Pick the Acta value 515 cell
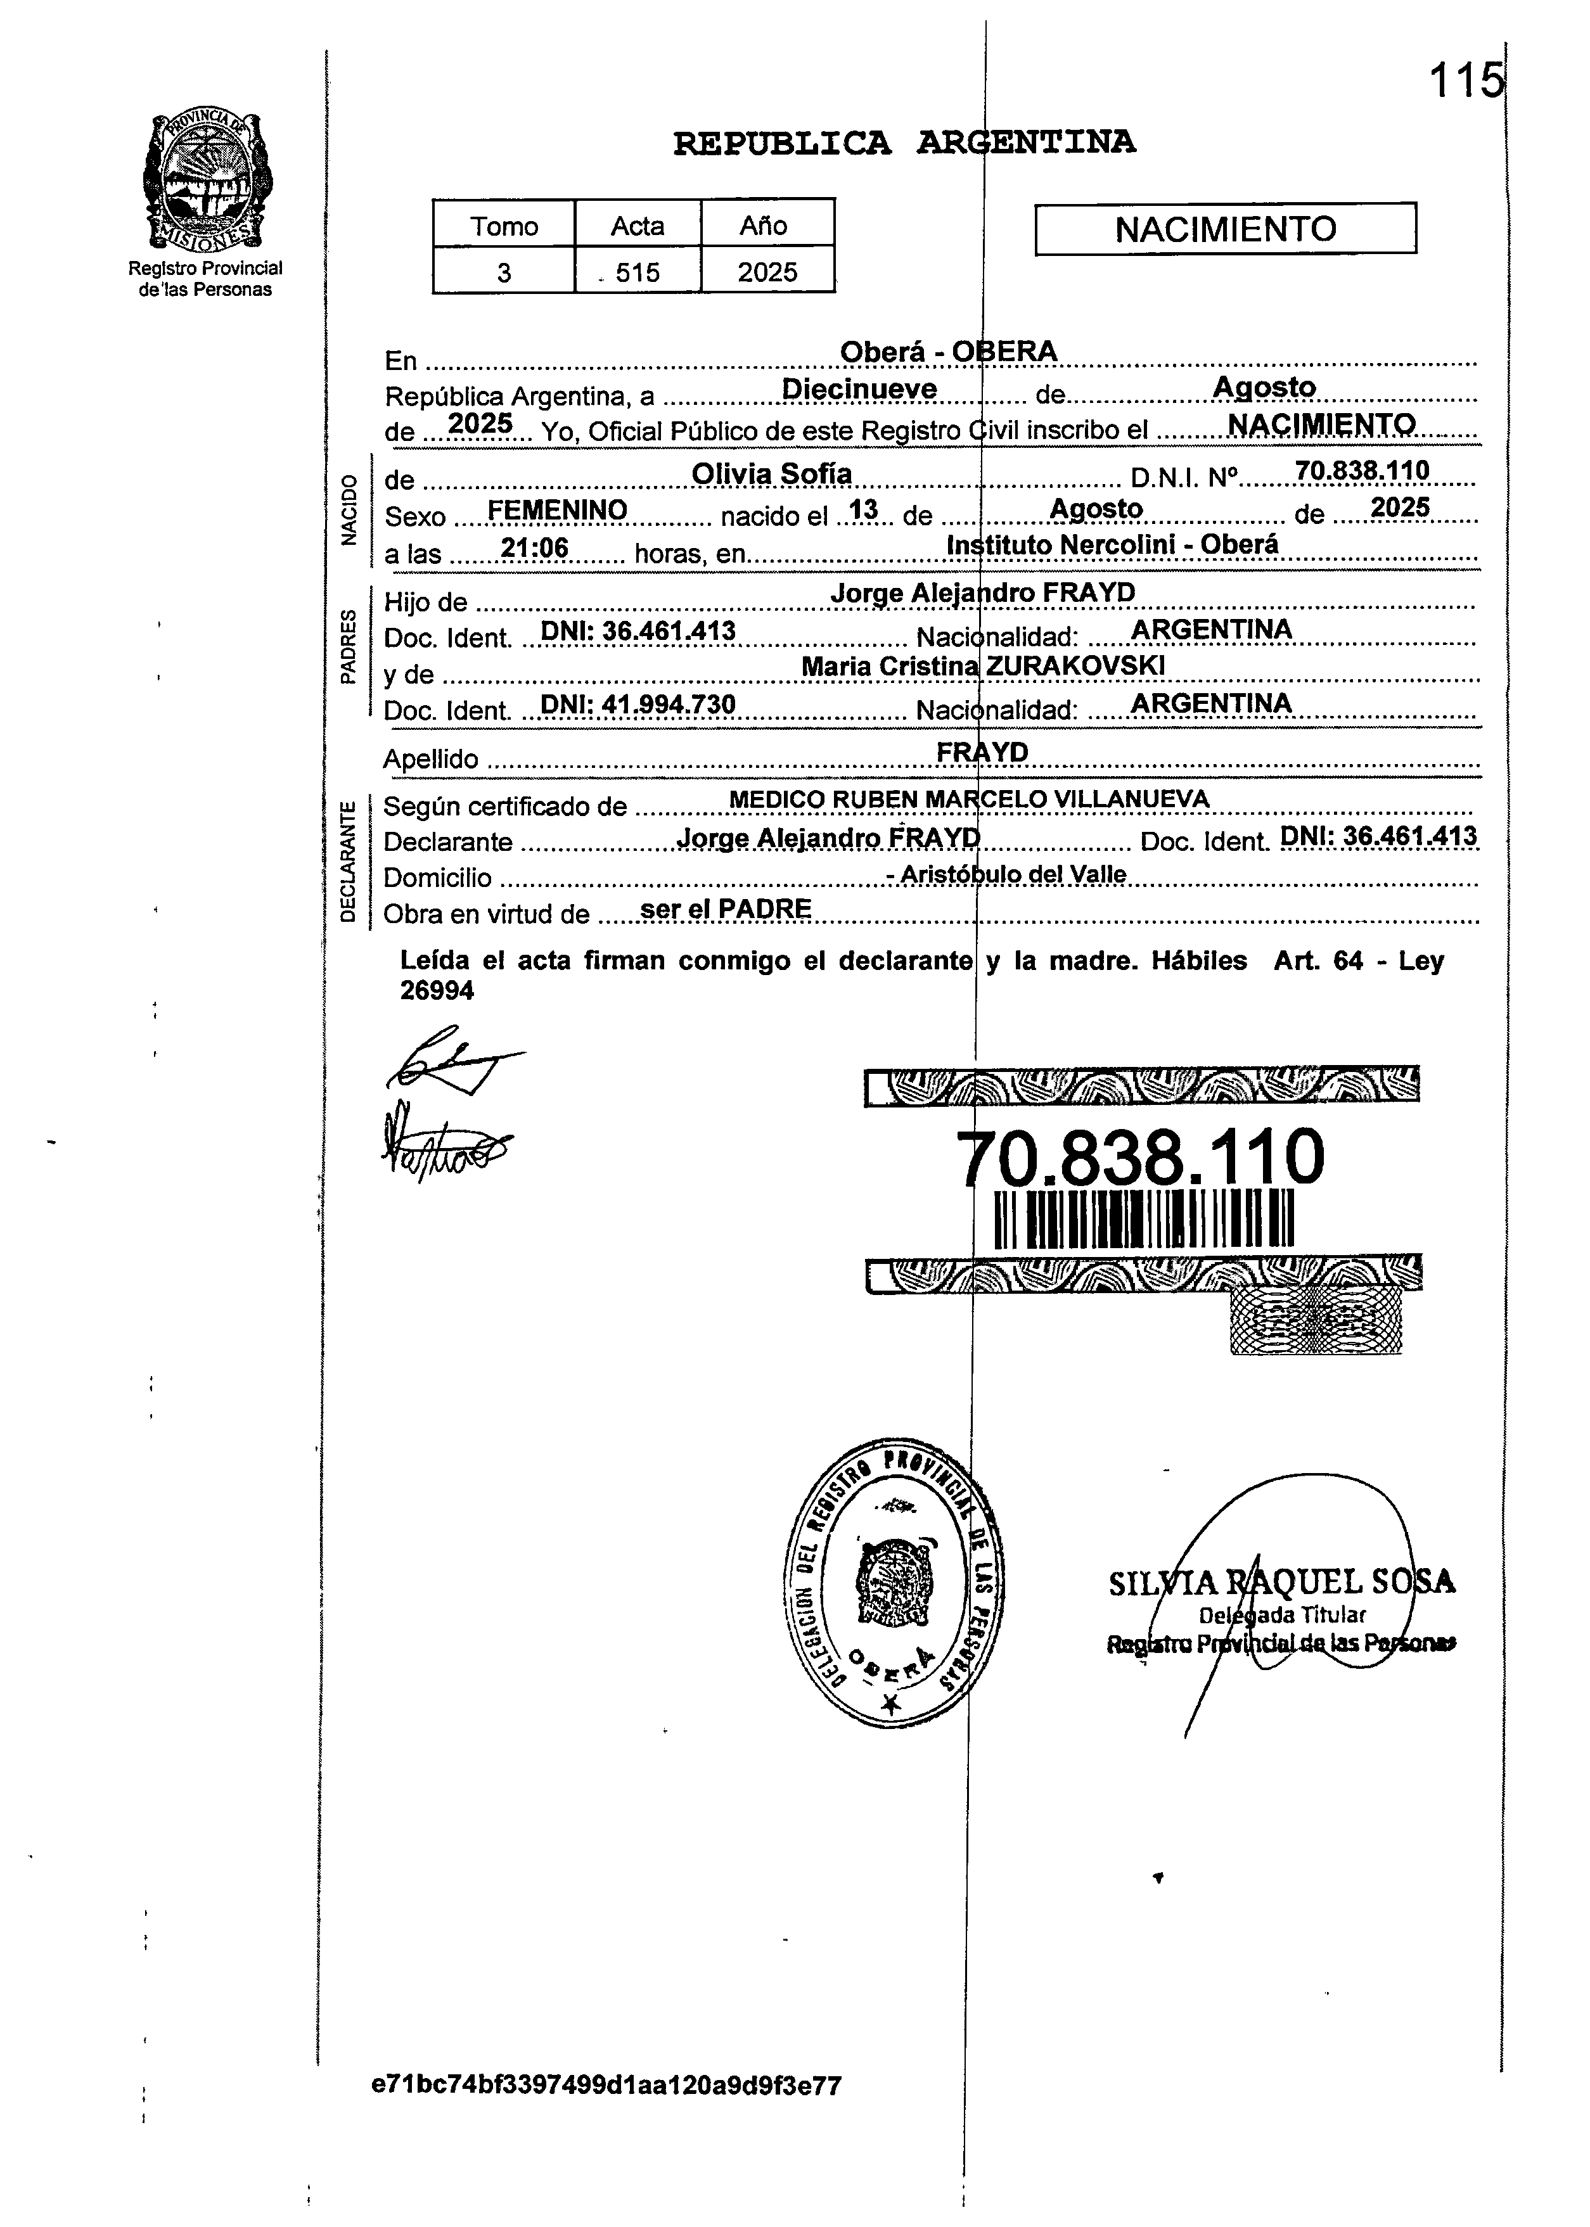coord(638,272)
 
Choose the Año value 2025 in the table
coord(767,272)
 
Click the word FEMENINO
coord(557,510)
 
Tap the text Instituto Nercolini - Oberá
coord(1113,544)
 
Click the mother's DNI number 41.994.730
coord(638,705)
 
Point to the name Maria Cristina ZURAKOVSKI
coord(983,667)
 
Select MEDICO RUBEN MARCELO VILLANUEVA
coord(970,800)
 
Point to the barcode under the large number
coord(1144,1220)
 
